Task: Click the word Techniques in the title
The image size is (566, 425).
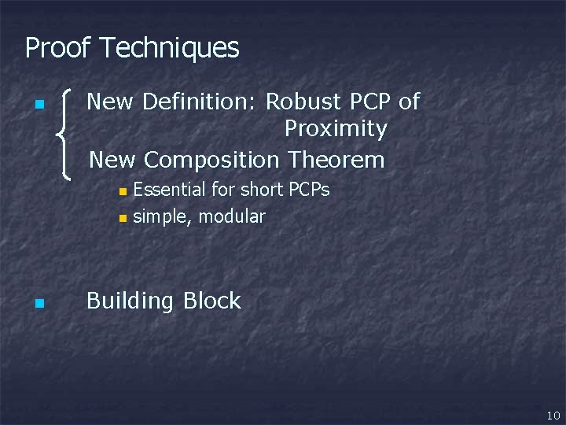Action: pyautogui.click(x=170, y=48)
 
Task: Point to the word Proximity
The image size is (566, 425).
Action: pyautogui.click(x=336, y=128)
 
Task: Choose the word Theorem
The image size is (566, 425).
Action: pyautogui.click(x=336, y=160)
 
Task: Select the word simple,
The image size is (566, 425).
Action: pyautogui.click(x=163, y=216)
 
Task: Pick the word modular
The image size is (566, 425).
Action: pyautogui.click(x=232, y=216)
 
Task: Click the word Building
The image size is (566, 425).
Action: pyautogui.click(x=130, y=301)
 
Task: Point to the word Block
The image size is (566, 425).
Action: pyautogui.click(x=211, y=301)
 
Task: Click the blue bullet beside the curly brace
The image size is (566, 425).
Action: pyautogui.click(x=39, y=105)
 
